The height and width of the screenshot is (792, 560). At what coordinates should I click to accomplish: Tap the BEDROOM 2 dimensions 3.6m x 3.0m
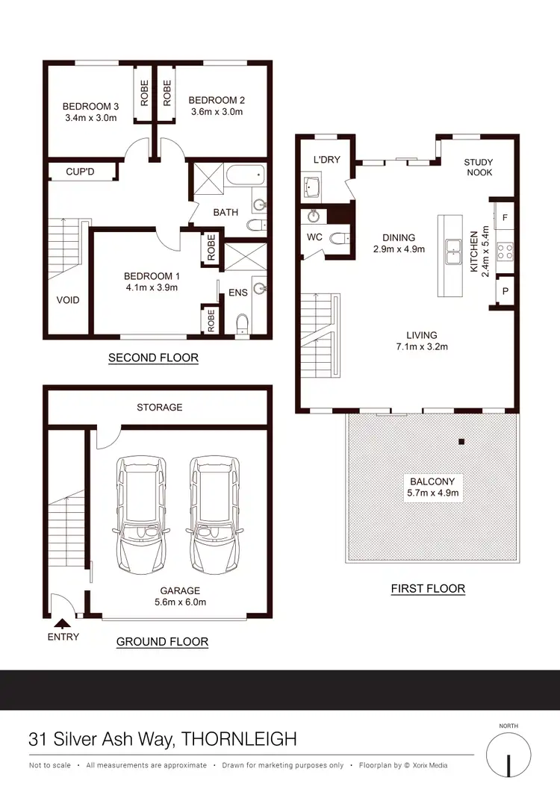(x=217, y=112)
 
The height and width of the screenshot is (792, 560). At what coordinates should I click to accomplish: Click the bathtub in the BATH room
(x=244, y=178)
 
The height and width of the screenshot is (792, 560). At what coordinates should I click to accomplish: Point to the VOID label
(x=67, y=300)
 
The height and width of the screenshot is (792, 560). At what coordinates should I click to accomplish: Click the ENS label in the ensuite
(x=237, y=293)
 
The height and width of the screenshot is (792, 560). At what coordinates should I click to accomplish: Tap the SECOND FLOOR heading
(x=153, y=358)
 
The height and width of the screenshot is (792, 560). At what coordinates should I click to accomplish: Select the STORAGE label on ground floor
(x=159, y=407)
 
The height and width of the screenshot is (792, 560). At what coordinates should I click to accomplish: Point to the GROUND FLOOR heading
(x=162, y=641)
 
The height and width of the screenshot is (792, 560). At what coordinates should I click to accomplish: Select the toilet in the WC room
(x=340, y=239)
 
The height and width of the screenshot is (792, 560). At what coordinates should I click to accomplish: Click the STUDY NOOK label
(x=478, y=168)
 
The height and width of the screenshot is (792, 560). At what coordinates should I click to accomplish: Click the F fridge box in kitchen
(x=505, y=216)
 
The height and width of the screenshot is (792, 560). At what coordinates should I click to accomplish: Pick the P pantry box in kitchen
(x=505, y=291)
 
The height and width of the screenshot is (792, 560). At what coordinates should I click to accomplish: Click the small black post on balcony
(x=461, y=442)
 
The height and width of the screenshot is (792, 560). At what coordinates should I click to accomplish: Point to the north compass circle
(x=508, y=756)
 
